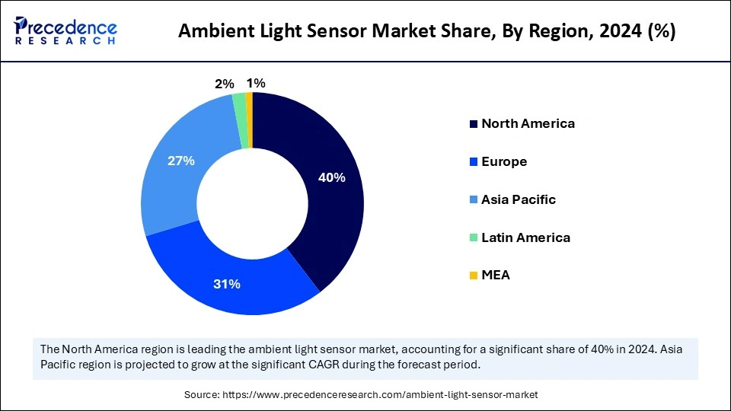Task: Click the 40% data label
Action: click(332, 177)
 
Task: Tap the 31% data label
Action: click(227, 284)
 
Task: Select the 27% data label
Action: click(182, 161)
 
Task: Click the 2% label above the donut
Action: click(224, 84)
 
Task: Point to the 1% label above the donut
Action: click(256, 83)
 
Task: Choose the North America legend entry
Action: click(528, 123)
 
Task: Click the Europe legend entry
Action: click(503, 161)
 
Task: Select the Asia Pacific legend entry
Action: click(518, 199)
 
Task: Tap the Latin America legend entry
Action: click(525, 237)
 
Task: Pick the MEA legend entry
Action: click(495, 275)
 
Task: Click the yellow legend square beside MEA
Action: click(474, 276)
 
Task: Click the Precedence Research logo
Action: click(65, 30)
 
